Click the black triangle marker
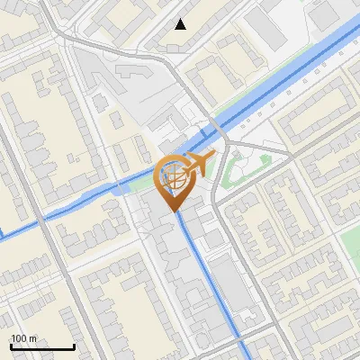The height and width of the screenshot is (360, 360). click(181, 24)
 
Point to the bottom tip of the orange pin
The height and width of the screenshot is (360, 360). click(174, 211)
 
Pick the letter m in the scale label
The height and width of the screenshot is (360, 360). click(33, 337)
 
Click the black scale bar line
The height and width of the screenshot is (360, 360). click(42, 346)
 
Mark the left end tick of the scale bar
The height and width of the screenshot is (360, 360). click(11, 345)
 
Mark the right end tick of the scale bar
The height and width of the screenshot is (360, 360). click(74, 345)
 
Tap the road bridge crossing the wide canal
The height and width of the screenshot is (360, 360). click(216, 130)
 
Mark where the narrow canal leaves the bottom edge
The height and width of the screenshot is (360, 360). click(244, 356)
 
